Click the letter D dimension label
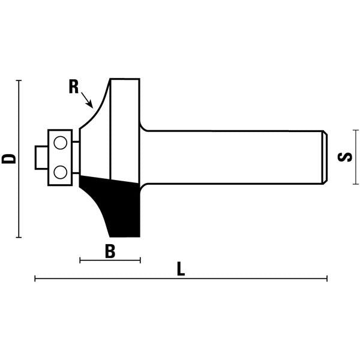click(x=8, y=158)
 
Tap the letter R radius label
click(x=74, y=87)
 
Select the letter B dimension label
click(x=110, y=251)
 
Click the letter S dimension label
click(x=344, y=157)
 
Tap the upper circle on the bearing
click(x=59, y=143)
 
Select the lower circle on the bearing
click(x=59, y=172)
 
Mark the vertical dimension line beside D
click(x=20, y=158)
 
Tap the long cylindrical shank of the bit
click(x=234, y=157)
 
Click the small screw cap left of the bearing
click(x=40, y=157)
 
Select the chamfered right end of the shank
click(x=325, y=157)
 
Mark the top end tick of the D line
click(x=20, y=80)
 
